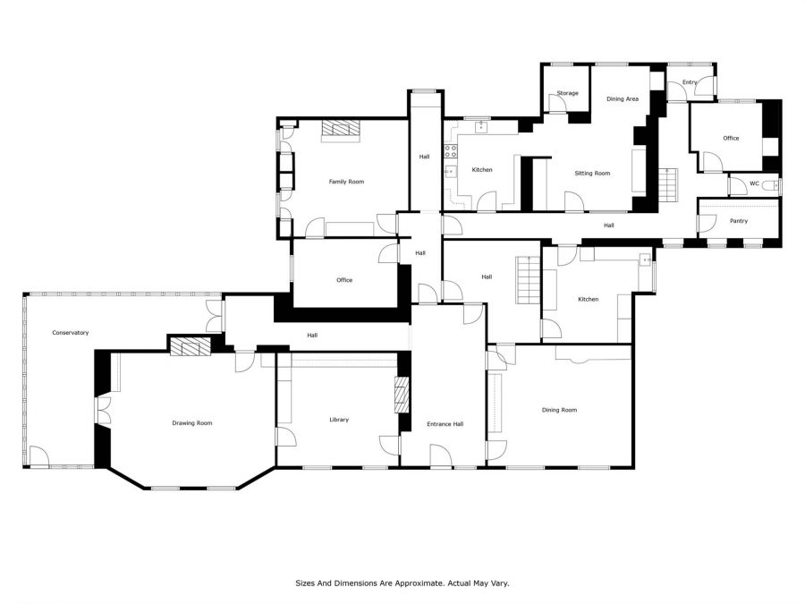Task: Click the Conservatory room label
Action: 71,333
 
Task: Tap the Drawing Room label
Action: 192,423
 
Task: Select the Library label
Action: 339,420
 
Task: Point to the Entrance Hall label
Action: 445,424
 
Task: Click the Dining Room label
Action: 559,410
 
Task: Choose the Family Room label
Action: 346,182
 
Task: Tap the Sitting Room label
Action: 592,173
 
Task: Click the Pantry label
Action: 739,221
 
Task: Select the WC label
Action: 754,183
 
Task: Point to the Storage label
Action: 567,93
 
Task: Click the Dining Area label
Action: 623,98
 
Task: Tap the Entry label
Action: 690,82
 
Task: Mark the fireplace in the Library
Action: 402,395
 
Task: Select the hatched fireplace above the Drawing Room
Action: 191,346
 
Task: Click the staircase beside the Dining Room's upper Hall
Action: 529,280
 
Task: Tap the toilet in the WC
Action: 771,185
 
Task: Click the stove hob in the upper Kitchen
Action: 451,151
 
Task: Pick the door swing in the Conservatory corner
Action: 39,456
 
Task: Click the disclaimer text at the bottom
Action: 402,583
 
